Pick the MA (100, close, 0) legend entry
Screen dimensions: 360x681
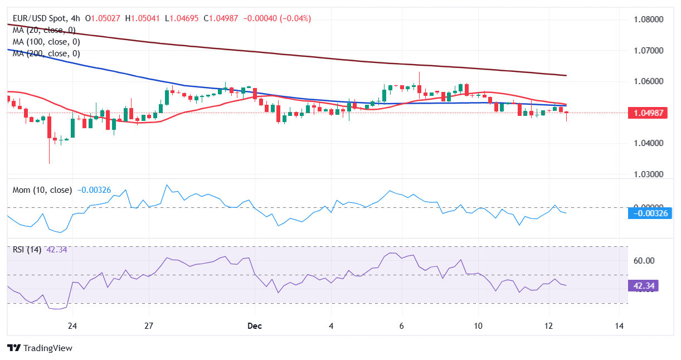[46, 42]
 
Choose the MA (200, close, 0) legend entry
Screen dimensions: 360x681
[46, 53]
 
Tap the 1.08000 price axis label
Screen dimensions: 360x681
[649, 20]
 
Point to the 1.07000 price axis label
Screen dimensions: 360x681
[649, 50]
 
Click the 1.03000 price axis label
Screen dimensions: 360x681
[649, 174]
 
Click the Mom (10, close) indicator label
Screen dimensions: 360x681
[42, 190]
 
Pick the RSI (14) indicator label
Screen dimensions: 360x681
[27, 250]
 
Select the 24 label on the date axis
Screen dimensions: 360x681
[72, 325]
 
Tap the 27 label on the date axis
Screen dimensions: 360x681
[149, 325]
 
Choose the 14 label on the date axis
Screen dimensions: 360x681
[619, 325]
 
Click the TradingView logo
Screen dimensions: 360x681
[40, 348]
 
